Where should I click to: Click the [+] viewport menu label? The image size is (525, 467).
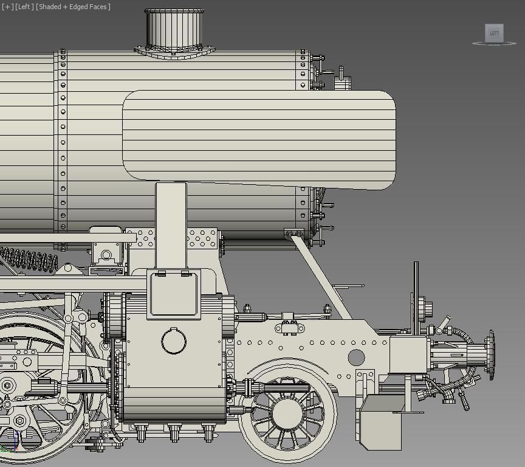click(8, 7)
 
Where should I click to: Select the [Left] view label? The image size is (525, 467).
click(24, 7)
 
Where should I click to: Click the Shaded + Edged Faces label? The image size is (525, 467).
click(73, 7)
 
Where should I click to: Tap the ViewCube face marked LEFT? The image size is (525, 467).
click(494, 33)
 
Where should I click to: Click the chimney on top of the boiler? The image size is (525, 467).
click(175, 27)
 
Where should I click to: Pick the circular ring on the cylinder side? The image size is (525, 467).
click(174, 341)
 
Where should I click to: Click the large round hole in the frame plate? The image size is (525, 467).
click(356, 358)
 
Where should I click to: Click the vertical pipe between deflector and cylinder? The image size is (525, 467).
click(171, 225)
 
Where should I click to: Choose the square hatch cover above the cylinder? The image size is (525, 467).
click(174, 294)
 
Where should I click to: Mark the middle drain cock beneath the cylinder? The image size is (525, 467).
click(174, 432)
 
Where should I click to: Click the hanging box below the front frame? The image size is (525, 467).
click(380, 421)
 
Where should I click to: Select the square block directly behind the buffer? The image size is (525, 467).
click(409, 355)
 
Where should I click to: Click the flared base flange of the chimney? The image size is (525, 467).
click(175, 52)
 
